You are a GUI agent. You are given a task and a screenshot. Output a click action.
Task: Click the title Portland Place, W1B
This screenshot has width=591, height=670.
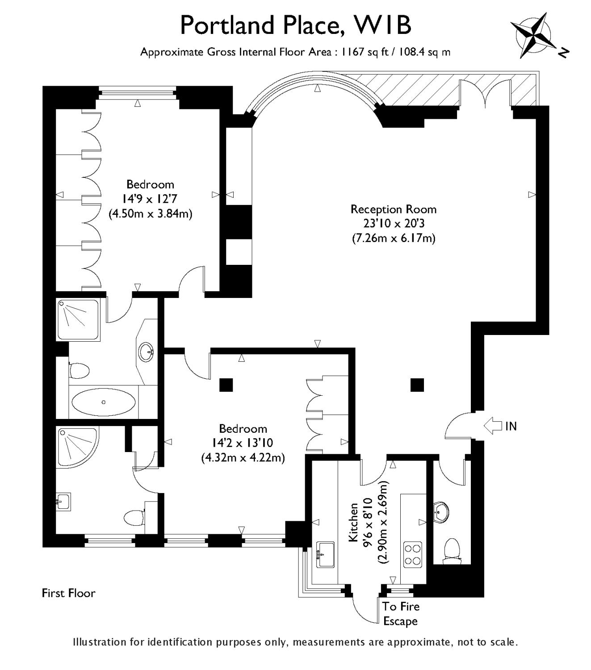pos(295,25)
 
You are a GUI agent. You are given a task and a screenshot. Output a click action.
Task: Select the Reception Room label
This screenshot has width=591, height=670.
pos(393,209)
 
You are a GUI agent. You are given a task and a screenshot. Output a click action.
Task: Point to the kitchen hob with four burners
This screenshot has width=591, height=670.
pos(412,554)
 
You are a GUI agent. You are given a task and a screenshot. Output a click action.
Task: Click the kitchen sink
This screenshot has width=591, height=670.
pos(326,554)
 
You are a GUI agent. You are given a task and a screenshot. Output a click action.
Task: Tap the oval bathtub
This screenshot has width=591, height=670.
pos(104,402)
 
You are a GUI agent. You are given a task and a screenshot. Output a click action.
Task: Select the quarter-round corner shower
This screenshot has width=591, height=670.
pos(76,447)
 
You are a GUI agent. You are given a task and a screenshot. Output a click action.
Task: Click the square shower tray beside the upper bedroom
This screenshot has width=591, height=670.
pos(78,319)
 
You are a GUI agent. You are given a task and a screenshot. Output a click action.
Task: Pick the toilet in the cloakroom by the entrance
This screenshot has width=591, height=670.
pos(451,550)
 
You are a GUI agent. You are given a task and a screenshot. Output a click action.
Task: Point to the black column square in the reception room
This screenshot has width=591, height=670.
pos(417,384)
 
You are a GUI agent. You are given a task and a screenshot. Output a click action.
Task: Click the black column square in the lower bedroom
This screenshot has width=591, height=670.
pos(226,385)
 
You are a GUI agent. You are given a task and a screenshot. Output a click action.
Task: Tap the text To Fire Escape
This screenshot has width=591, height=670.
pos(401,614)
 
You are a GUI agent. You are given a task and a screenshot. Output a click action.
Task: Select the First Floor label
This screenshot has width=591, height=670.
pos(68,593)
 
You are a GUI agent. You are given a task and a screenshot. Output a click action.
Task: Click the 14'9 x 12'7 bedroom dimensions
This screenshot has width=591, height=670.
pos(150,199)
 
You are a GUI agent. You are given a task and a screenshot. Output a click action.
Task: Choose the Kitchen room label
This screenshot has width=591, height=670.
pos(353,522)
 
